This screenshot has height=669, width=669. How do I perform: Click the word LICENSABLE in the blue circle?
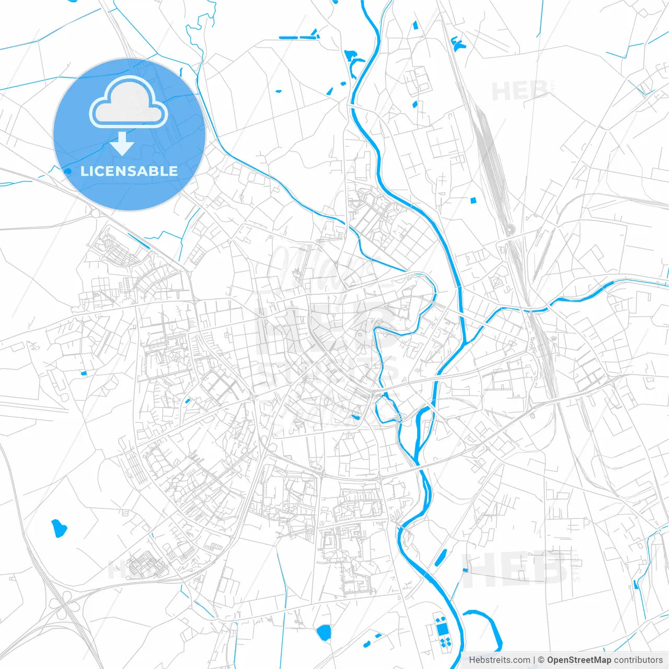coord(129,171)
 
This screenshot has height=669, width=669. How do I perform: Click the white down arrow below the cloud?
coord(122,143)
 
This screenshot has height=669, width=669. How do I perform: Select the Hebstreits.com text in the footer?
coord(499,660)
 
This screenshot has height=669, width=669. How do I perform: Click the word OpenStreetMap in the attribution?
coord(579,660)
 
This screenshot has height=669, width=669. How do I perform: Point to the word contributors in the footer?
coord(638,660)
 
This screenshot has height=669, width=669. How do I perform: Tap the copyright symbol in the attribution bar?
coord(541,660)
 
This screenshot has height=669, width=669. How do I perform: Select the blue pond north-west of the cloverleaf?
coord(58,528)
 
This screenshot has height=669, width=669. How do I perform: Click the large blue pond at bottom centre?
coord(324,633)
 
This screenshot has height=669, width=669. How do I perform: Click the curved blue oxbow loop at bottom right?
coord(489,627)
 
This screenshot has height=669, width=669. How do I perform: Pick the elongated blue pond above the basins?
coord(441,558)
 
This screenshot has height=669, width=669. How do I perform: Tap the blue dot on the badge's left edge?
coord(67,171)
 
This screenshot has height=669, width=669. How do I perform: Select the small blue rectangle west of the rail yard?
coord(474,200)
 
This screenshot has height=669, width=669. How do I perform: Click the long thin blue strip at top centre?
coord(298,37)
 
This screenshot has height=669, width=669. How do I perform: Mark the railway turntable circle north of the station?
coord(510,228)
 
